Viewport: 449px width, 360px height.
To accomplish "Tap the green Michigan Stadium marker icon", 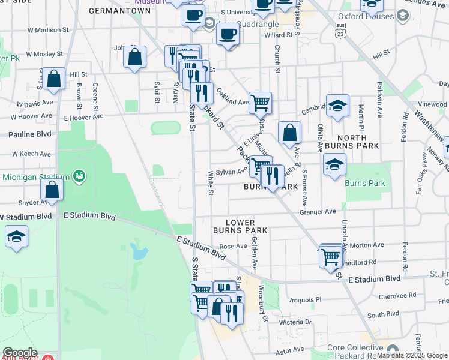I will pos(79,176).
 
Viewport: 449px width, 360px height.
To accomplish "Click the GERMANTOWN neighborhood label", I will pos(119,11).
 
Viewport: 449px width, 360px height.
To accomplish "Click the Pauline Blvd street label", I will pos(29,134).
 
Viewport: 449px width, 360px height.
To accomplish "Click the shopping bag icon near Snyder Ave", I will pos(52,190).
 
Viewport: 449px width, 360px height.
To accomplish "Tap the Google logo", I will pos(19,353).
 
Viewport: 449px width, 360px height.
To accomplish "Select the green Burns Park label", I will pos(365,178).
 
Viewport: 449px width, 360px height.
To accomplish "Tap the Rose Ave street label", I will pos(234,246).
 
